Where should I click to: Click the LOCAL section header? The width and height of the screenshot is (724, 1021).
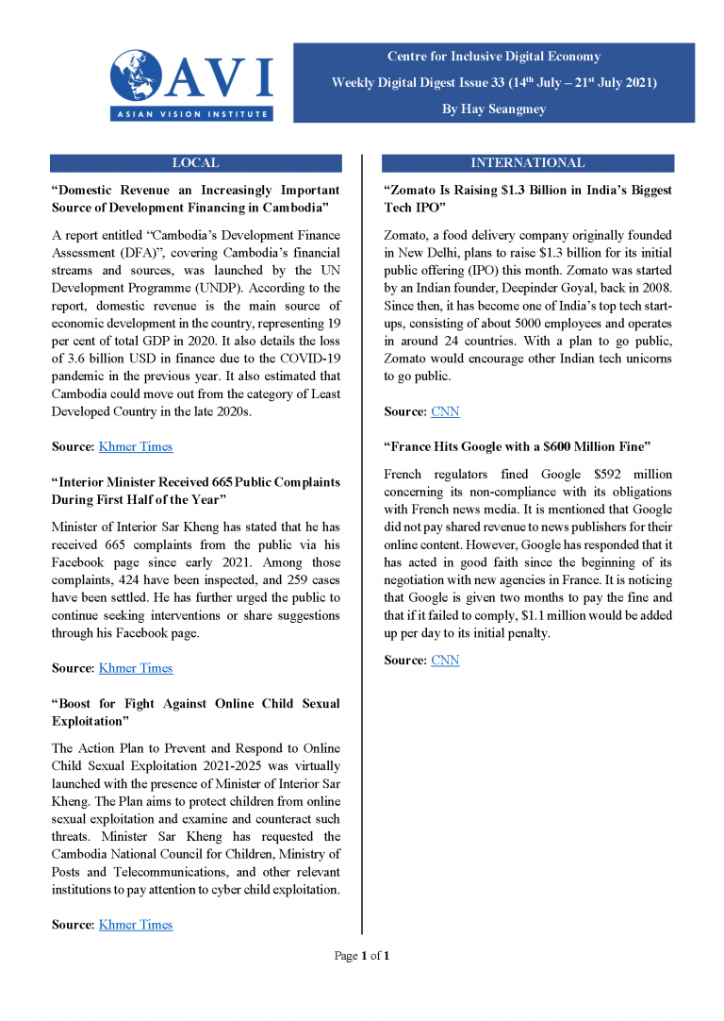tap(195, 163)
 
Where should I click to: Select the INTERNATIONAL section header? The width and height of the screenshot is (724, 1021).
tap(527, 163)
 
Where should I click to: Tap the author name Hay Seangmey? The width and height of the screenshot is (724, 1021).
tap(493, 109)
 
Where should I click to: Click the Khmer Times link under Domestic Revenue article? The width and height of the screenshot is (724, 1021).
tap(136, 446)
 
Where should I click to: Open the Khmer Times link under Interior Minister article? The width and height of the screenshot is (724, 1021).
tap(136, 668)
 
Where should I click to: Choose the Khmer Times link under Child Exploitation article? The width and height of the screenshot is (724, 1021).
tap(136, 925)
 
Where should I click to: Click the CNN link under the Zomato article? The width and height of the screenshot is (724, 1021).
tap(445, 411)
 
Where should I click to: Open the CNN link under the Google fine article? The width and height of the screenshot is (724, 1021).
tap(445, 661)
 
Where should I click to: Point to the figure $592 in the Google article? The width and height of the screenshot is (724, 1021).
tap(578, 474)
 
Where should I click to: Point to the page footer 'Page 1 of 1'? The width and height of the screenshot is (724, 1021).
tap(362, 956)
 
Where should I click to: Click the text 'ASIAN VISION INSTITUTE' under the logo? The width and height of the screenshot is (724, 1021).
tap(192, 113)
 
